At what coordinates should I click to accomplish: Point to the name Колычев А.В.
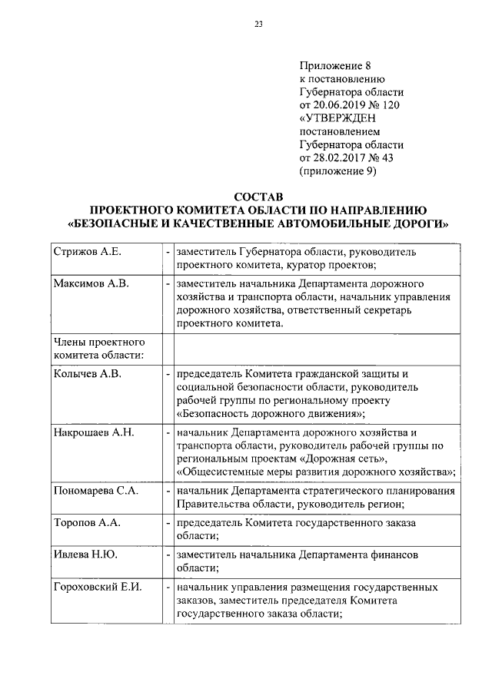point(87,374)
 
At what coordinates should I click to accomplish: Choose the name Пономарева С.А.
point(96,491)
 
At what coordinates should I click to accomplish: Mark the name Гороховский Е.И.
point(98,587)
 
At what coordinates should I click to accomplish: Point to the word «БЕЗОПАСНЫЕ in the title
point(118,223)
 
